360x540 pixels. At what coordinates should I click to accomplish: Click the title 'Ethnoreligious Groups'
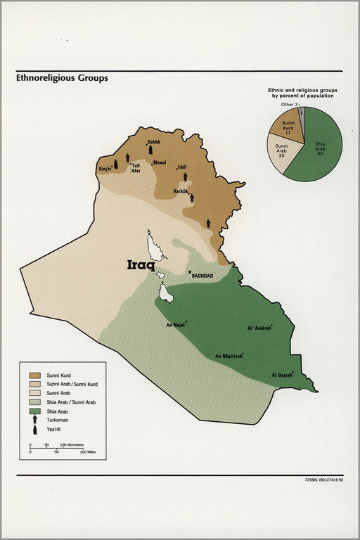point(63,78)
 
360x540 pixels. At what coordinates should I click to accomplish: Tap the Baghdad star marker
point(189,272)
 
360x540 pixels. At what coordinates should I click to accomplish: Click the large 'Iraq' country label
point(141,265)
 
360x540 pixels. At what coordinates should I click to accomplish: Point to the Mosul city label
point(160,163)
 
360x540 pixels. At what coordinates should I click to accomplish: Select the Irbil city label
point(182,167)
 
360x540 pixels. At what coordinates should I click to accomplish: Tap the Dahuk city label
point(154,142)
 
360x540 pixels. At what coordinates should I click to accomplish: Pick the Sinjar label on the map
point(105,169)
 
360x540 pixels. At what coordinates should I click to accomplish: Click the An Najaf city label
point(175,325)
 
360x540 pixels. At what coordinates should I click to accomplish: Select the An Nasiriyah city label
point(229,356)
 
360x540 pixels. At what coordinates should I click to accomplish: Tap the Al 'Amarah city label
point(259,328)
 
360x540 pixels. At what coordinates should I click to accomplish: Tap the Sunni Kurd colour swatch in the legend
point(34,375)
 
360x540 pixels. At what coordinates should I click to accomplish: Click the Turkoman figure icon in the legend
point(34,419)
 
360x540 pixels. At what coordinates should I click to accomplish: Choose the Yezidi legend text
point(55,429)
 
